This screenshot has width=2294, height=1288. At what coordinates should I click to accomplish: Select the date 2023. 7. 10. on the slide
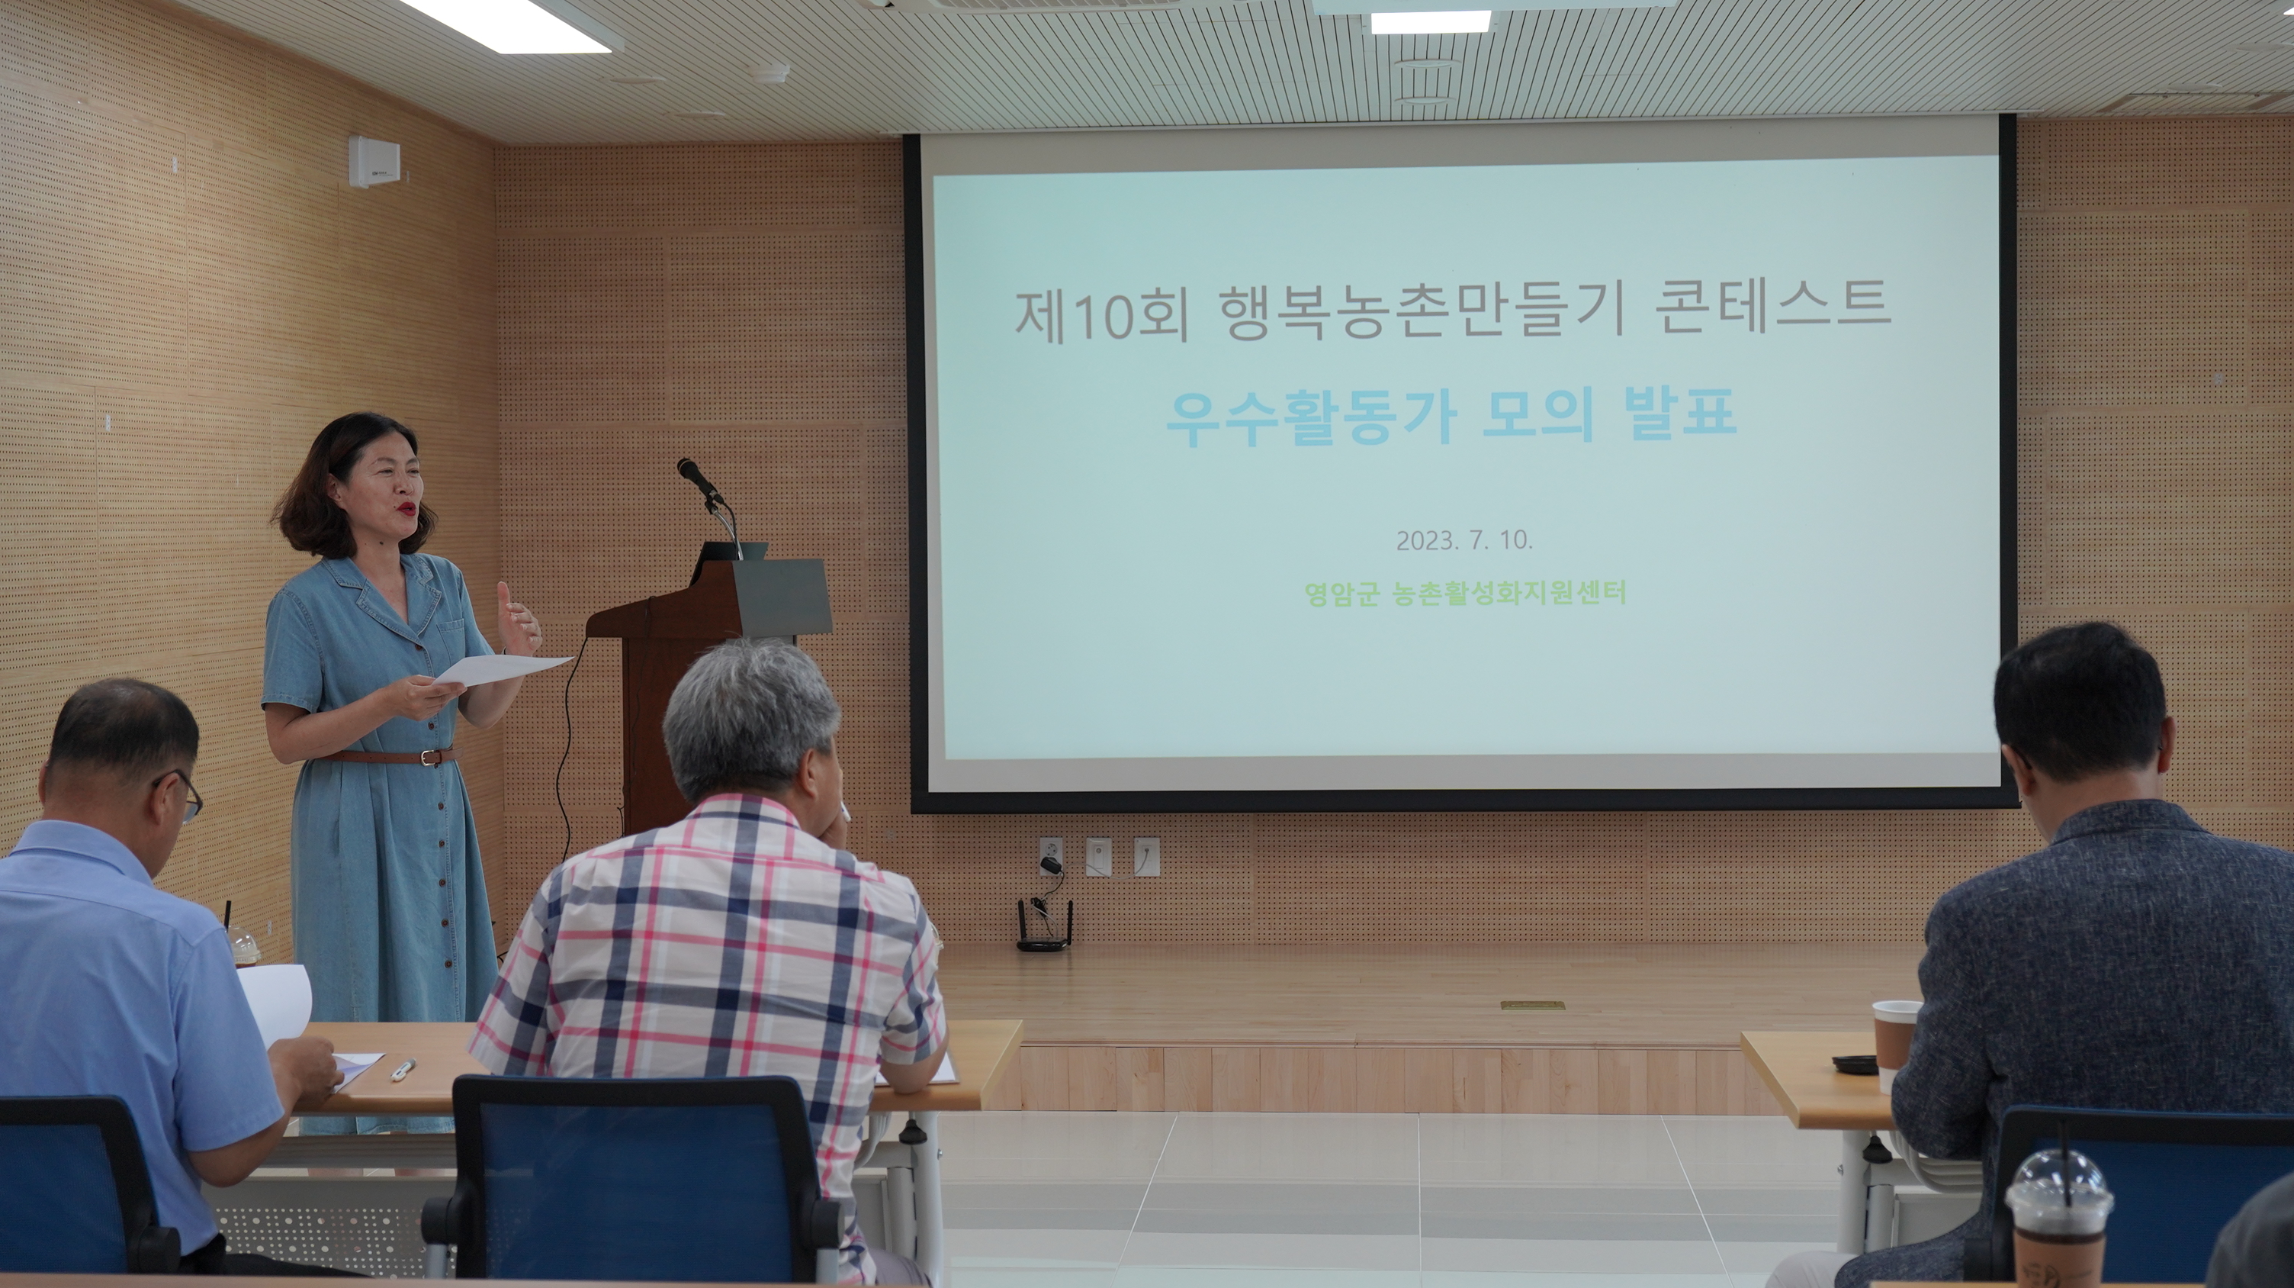point(1464,539)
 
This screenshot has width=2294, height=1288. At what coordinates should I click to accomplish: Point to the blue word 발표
point(1679,415)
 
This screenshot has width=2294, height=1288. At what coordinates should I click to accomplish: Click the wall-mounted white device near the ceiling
point(373,161)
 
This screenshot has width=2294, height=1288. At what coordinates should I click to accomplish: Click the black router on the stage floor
point(1045,932)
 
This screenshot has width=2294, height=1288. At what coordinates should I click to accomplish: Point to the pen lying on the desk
point(403,1069)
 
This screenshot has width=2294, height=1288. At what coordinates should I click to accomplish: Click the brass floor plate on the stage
point(1531,1006)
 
